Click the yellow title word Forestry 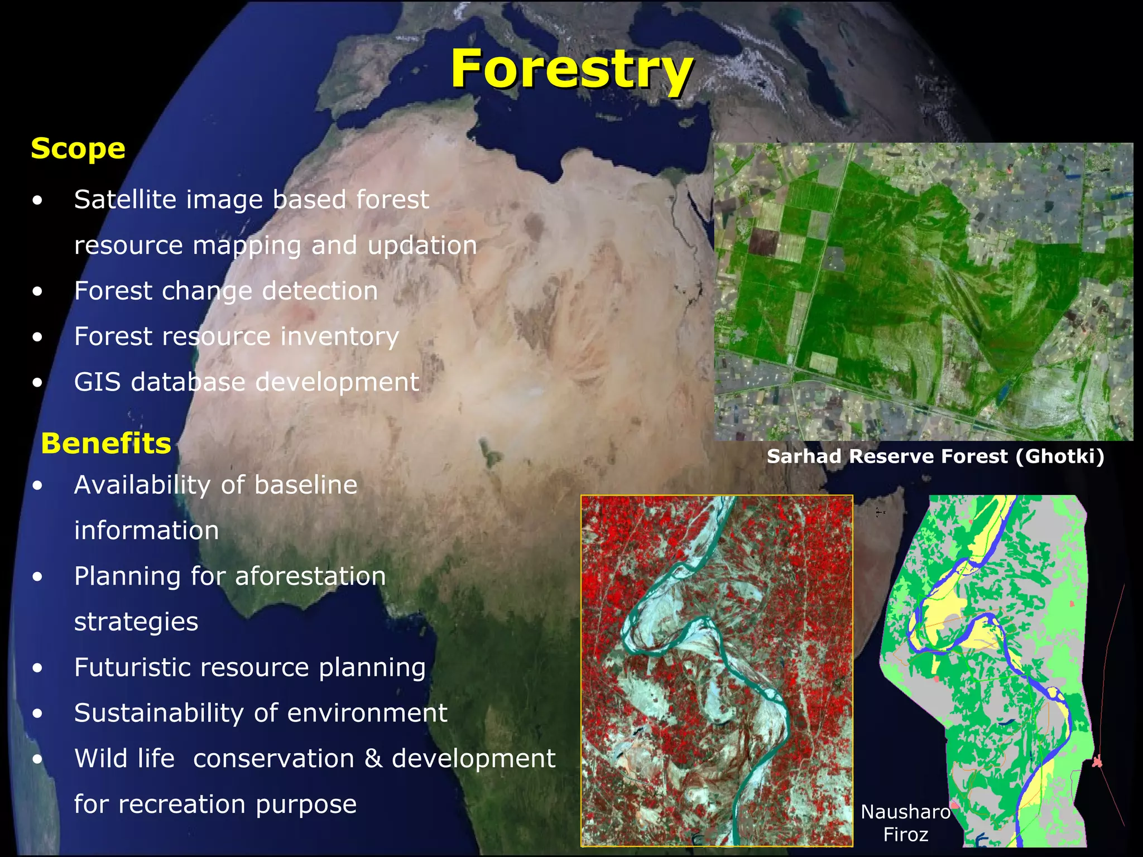(x=571, y=69)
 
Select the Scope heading (x=78, y=149)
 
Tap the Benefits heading (x=106, y=444)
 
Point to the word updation (x=422, y=245)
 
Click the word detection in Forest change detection (x=320, y=291)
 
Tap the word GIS (x=97, y=382)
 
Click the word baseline (x=305, y=485)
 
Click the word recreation (x=182, y=805)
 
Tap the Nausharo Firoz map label (x=905, y=823)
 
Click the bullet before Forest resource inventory (x=37, y=337)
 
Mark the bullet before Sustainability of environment (x=37, y=714)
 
